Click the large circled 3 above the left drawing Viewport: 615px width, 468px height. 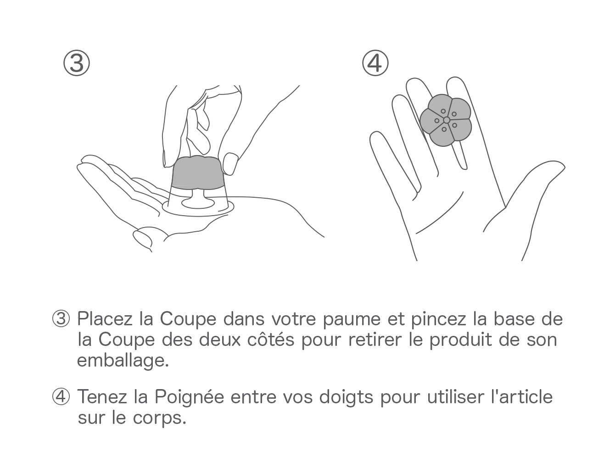tap(77, 63)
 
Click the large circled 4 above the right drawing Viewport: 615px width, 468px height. tap(375, 63)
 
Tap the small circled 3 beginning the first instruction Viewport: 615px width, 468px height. tap(61, 319)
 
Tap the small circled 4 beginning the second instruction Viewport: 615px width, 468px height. tap(61, 397)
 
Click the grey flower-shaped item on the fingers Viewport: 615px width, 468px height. tap(445, 120)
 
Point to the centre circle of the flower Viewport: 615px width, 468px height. tap(447, 120)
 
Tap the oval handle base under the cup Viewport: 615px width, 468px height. tap(198, 203)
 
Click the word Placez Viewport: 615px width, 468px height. tap(105, 319)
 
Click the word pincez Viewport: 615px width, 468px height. tap(438, 319)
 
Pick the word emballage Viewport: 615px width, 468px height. tap(123, 361)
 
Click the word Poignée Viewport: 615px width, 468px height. tap(190, 398)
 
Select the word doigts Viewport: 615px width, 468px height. tap(346, 398)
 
